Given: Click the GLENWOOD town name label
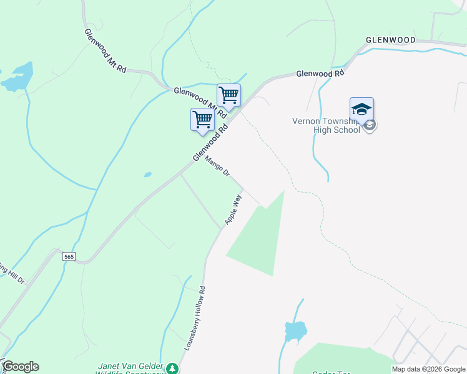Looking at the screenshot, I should (391, 40).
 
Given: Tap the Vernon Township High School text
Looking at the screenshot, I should (326, 125).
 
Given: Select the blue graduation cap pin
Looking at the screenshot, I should (361, 110).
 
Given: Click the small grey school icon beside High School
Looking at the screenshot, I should (370, 125).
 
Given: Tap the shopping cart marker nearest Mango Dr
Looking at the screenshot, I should (202, 118).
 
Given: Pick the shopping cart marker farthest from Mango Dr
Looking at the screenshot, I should (229, 95).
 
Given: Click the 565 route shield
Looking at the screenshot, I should (69, 256).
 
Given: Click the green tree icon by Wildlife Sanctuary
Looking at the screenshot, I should (172, 368).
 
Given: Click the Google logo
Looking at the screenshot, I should (21, 367).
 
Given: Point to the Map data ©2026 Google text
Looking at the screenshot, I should (428, 369).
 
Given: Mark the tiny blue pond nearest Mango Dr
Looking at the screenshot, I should (148, 175).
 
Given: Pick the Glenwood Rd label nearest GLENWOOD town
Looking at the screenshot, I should (320, 73).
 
